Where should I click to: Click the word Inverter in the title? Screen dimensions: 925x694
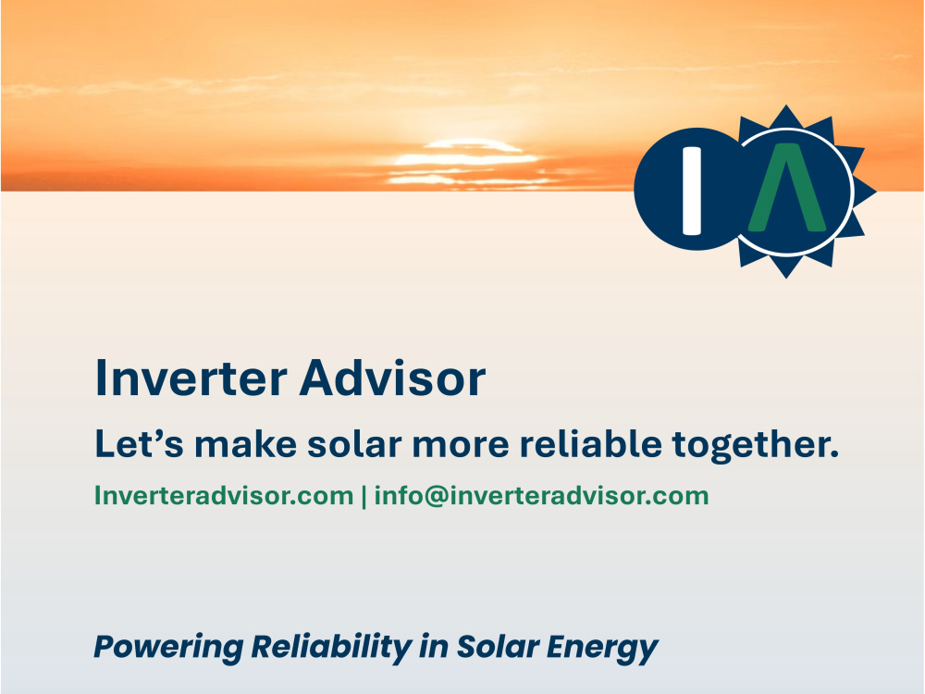coord(191,378)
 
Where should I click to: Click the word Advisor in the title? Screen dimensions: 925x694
coord(392,378)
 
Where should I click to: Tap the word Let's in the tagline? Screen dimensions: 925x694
coord(140,444)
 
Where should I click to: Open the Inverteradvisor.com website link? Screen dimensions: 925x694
coord(224,496)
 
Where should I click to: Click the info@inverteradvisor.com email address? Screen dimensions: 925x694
coord(541,496)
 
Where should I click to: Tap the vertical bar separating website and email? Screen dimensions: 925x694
coord(364,496)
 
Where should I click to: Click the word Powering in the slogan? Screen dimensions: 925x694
coord(168,648)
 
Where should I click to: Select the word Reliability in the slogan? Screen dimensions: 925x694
coord(331,648)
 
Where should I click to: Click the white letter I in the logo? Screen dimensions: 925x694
coord(691,190)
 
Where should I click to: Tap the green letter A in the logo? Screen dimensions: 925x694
coord(787,188)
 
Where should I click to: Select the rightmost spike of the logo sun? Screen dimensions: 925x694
coord(866,192)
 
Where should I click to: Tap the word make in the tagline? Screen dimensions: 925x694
coord(245,444)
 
